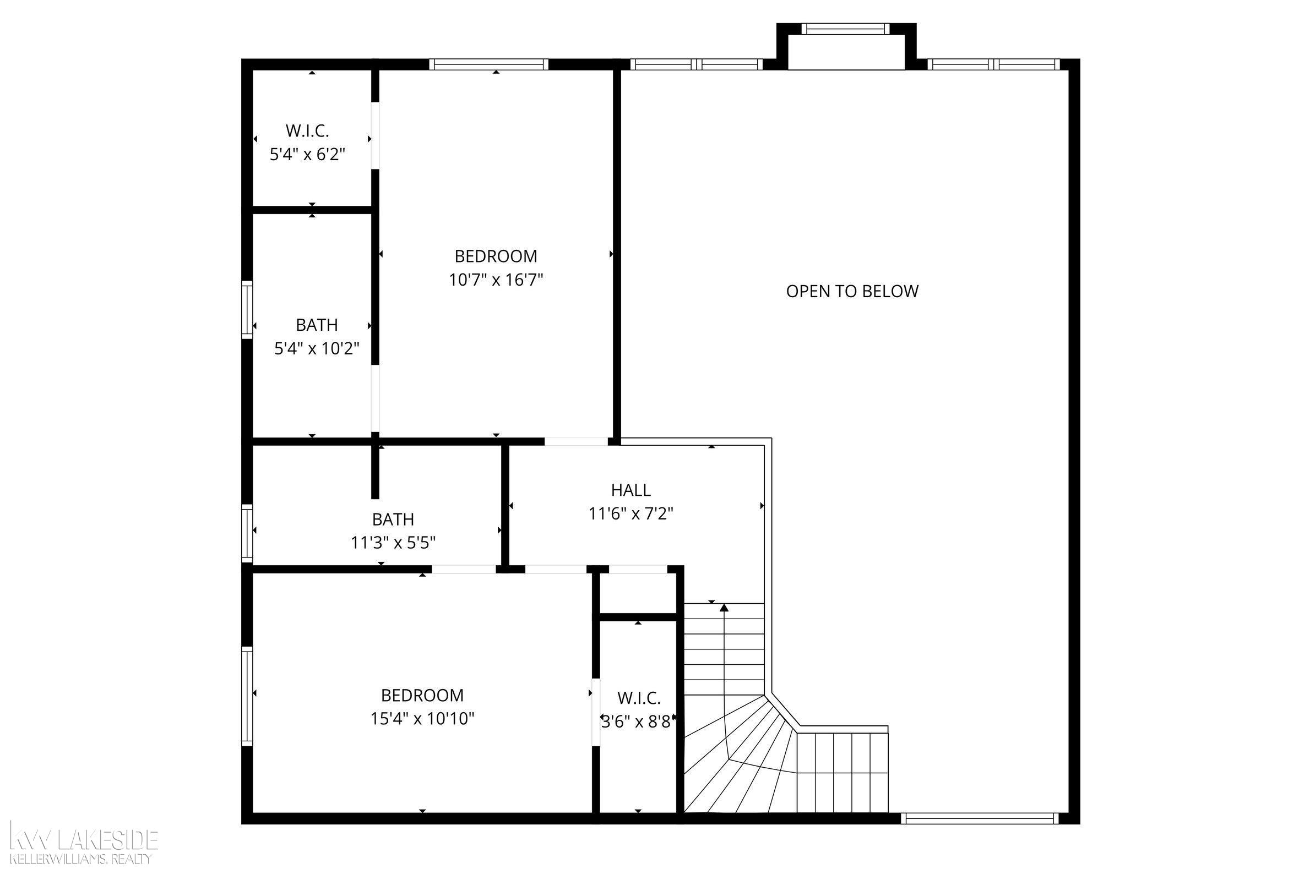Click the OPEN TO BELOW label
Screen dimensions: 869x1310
click(852, 291)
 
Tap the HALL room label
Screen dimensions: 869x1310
click(631, 490)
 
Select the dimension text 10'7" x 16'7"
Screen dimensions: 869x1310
click(496, 280)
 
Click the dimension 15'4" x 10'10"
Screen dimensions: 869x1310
click(422, 719)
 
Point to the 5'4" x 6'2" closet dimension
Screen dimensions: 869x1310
click(308, 154)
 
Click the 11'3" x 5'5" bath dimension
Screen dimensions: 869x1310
click(393, 543)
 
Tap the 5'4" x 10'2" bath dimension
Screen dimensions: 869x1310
click(317, 348)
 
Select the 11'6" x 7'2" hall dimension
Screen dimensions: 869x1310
click(631, 514)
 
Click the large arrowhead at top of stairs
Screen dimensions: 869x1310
click(724, 608)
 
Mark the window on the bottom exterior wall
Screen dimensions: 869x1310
click(979, 818)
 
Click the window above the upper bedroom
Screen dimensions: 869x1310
click(488, 64)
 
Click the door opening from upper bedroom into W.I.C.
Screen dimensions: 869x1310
click(376, 136)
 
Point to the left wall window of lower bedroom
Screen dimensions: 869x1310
click(247, 696)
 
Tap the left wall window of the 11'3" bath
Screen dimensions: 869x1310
click(247, 533)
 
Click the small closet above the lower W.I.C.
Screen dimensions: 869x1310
click(639, 593)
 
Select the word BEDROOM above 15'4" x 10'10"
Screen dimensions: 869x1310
click(422, 695)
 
